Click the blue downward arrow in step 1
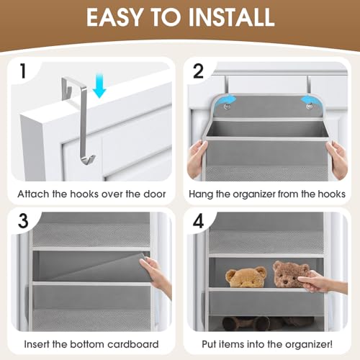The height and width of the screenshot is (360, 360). pyautogui.click(x=99, y=88)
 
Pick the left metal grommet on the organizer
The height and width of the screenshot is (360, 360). pyautogui.click(x=227, y=106)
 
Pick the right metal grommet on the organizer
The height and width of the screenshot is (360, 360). pyautogui.click(x=309, y=106)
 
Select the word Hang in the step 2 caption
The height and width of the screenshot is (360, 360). pyautogui.click(x=201, y=193)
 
